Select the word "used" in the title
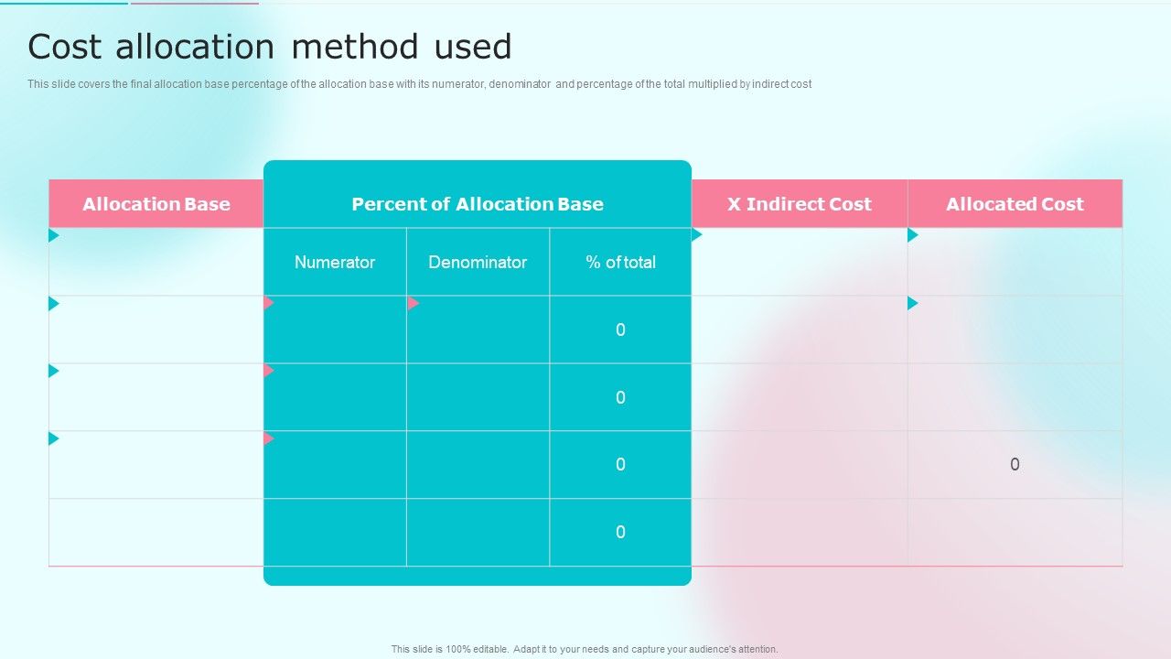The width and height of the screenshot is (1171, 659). click(x=473, y=47)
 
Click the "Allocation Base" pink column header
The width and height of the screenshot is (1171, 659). click(x=156, y=204)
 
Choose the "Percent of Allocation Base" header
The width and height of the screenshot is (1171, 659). click(x=478, y=204)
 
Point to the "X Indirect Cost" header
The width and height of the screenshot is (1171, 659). click(x=800, y=204)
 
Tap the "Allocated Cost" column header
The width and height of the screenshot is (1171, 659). click(x=1015, y=204)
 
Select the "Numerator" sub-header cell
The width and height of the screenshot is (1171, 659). click(x=335, y=262)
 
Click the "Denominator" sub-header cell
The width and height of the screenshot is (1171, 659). click(x=478, y=262)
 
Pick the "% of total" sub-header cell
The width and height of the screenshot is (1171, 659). click(x=620, y=262)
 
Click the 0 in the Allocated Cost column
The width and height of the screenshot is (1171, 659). click(x=1015, y=465)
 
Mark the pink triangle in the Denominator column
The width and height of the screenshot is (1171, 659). click(x=413, y=303)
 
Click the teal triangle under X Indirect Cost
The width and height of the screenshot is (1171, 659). click(x=697, y=235)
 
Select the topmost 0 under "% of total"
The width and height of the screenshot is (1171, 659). click(x=620, y=329)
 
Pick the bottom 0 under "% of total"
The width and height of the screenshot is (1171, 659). click(x=620, y=533)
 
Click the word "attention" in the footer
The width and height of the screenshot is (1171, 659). click(x=756, y=650)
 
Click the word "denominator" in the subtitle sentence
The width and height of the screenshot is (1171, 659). click(x=520, y=84)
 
